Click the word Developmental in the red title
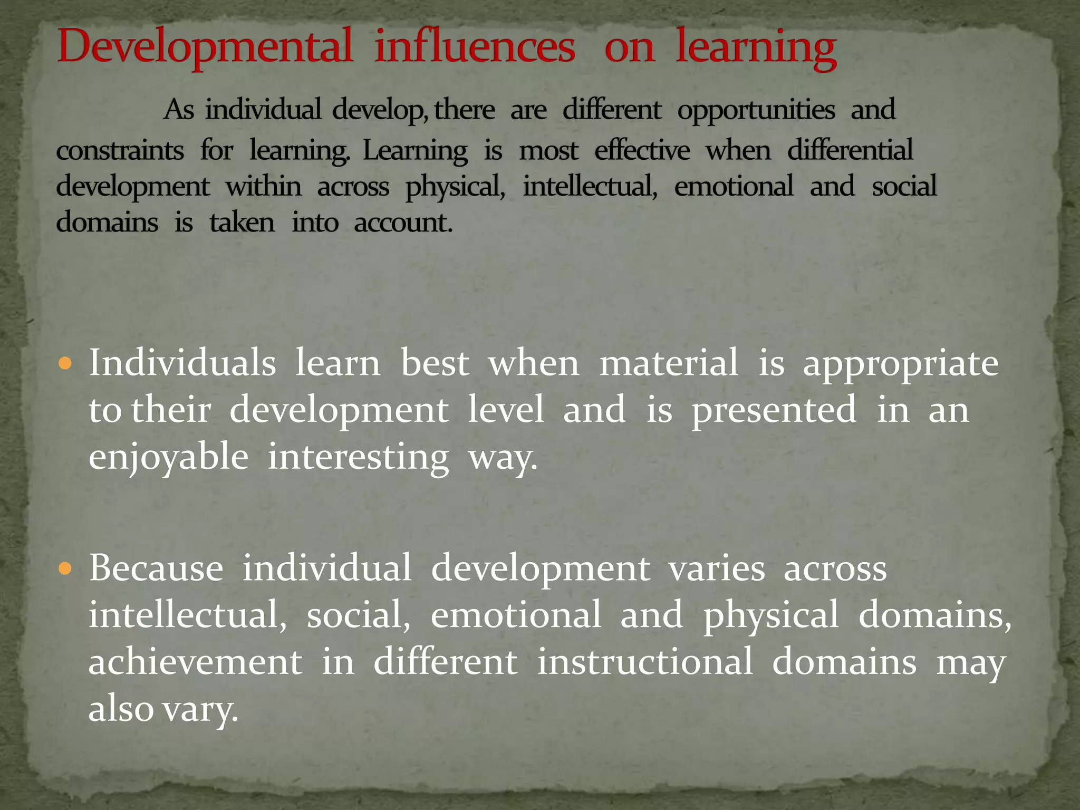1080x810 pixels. point(205,47)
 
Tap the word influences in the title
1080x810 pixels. point(475,46)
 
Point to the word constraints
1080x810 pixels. point(120,151)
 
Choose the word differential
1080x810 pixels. point(850,150)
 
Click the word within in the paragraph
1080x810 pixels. point(264,187)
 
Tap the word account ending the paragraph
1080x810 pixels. point(403,223)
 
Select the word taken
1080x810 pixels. point(242,223)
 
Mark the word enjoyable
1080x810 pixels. point(168,458)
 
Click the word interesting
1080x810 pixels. point(359,458)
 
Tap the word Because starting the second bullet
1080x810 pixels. point(156,568)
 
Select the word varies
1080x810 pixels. point(717,568)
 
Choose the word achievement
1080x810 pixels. point(196,662)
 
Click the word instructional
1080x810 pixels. point(645,662)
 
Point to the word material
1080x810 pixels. point(669,363)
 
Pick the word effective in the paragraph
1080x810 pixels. point(642,150)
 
